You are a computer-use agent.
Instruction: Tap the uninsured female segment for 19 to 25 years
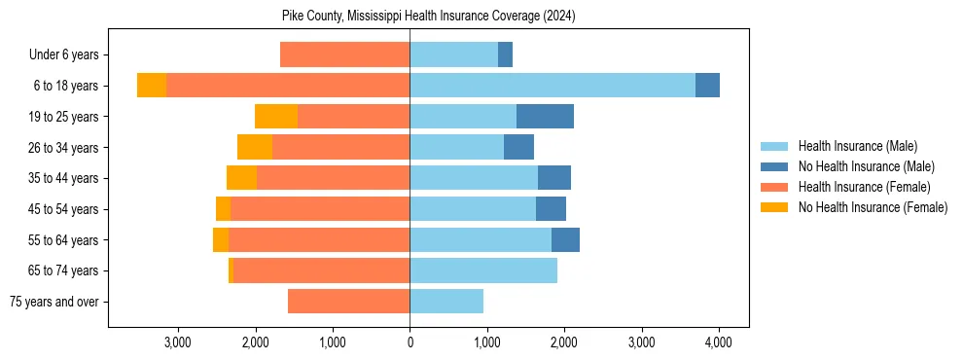[x=276, y=117]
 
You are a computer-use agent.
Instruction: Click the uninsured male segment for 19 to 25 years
[x=545, y=117]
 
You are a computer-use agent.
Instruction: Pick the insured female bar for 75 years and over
[x=348, y=302]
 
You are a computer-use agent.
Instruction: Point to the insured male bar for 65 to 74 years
[x=483, y=270]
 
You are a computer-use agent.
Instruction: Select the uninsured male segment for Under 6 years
[x=505, y=54]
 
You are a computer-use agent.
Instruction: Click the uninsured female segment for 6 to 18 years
[x=152, y=86]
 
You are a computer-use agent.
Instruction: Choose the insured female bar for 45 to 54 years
[x=320, y=209]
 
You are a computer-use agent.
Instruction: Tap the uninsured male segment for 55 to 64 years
[x=565, y=240]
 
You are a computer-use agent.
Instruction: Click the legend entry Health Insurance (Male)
[x=857, y=146]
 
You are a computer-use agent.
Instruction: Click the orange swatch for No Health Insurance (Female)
[x=774, y=207]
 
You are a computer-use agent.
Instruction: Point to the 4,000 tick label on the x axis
[x=719, y=342]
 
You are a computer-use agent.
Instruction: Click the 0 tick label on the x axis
[x=410, y=342]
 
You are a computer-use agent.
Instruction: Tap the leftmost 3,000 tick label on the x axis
[x=178, y=342]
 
